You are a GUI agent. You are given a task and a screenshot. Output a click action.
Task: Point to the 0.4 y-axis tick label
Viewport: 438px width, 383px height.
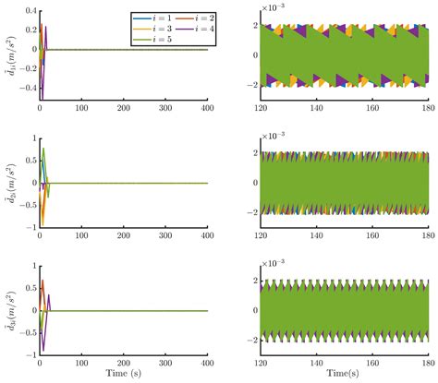coord(27,9)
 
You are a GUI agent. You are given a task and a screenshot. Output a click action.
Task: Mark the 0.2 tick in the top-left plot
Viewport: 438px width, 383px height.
coord(27,30)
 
